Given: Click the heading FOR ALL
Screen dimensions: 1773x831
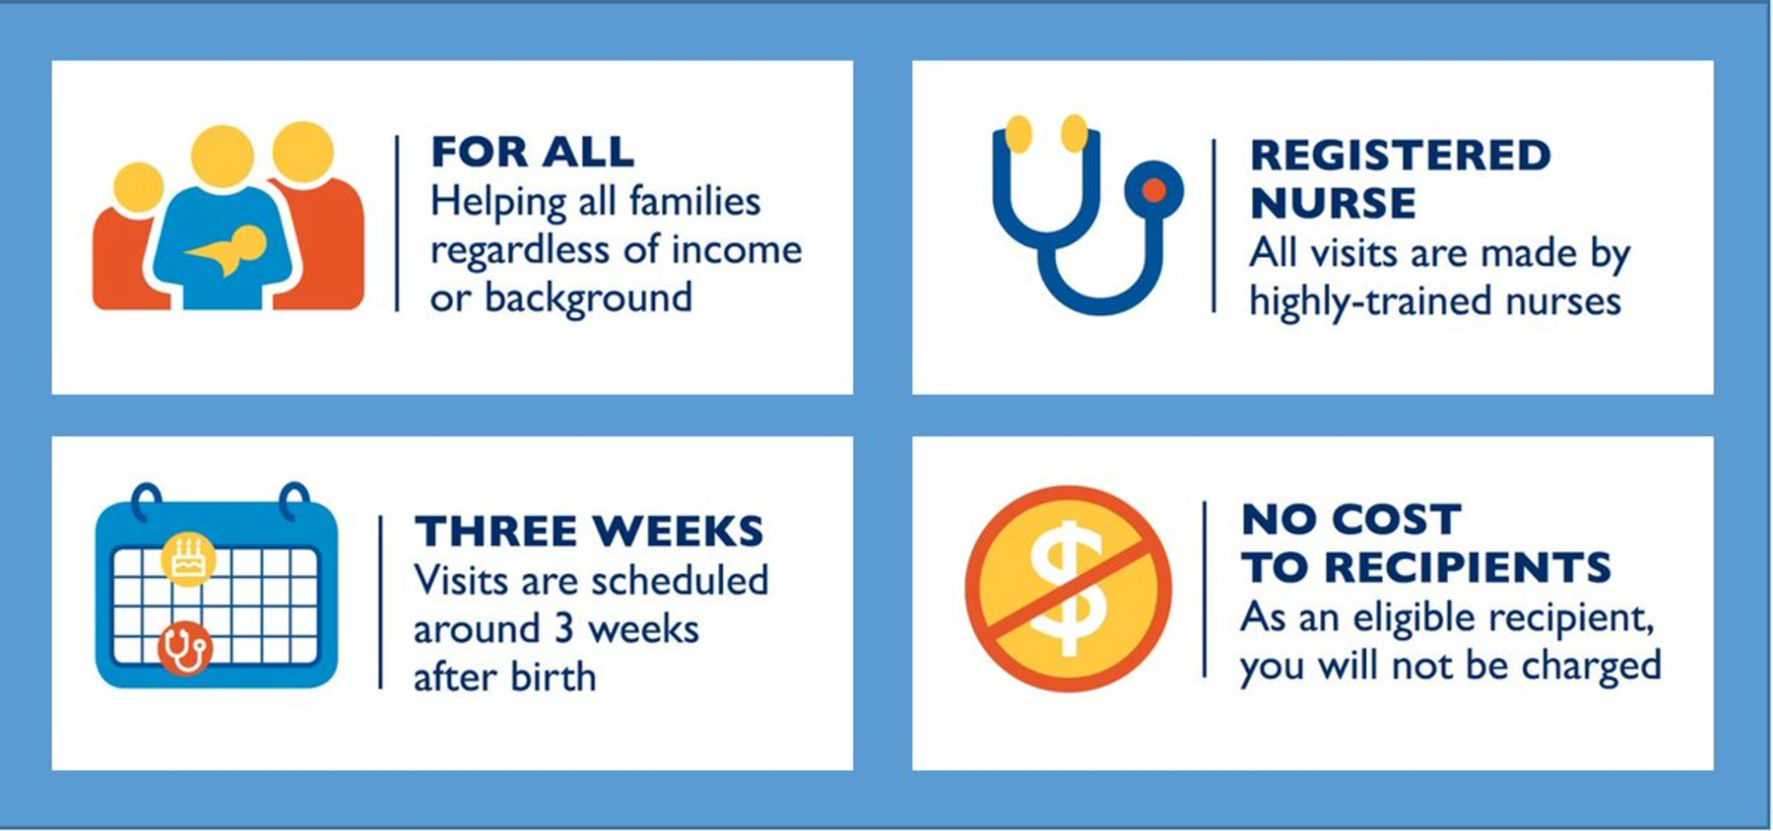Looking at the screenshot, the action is point(532,151).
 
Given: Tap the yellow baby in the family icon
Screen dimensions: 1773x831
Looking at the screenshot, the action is point(229,250).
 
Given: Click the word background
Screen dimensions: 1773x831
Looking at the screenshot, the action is point(588,298).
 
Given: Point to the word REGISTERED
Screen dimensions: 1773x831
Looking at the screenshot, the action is point(1400,155).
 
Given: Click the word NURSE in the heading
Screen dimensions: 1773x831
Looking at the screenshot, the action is point(1333,203).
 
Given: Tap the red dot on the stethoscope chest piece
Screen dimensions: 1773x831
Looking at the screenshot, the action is point(1154,190).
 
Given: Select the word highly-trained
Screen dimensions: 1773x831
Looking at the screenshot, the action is point(1370,301).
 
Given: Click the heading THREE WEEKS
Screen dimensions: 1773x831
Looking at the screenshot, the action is point(589,531).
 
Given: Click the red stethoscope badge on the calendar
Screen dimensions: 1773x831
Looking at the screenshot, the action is point(185,648).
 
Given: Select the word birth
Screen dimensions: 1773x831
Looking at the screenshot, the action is point(552,677).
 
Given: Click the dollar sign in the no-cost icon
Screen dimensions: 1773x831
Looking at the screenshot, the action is point(1068,588).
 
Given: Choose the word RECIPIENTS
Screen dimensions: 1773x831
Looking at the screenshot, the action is point(1467,567).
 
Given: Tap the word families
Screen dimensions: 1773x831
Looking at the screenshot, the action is point(694,202).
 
